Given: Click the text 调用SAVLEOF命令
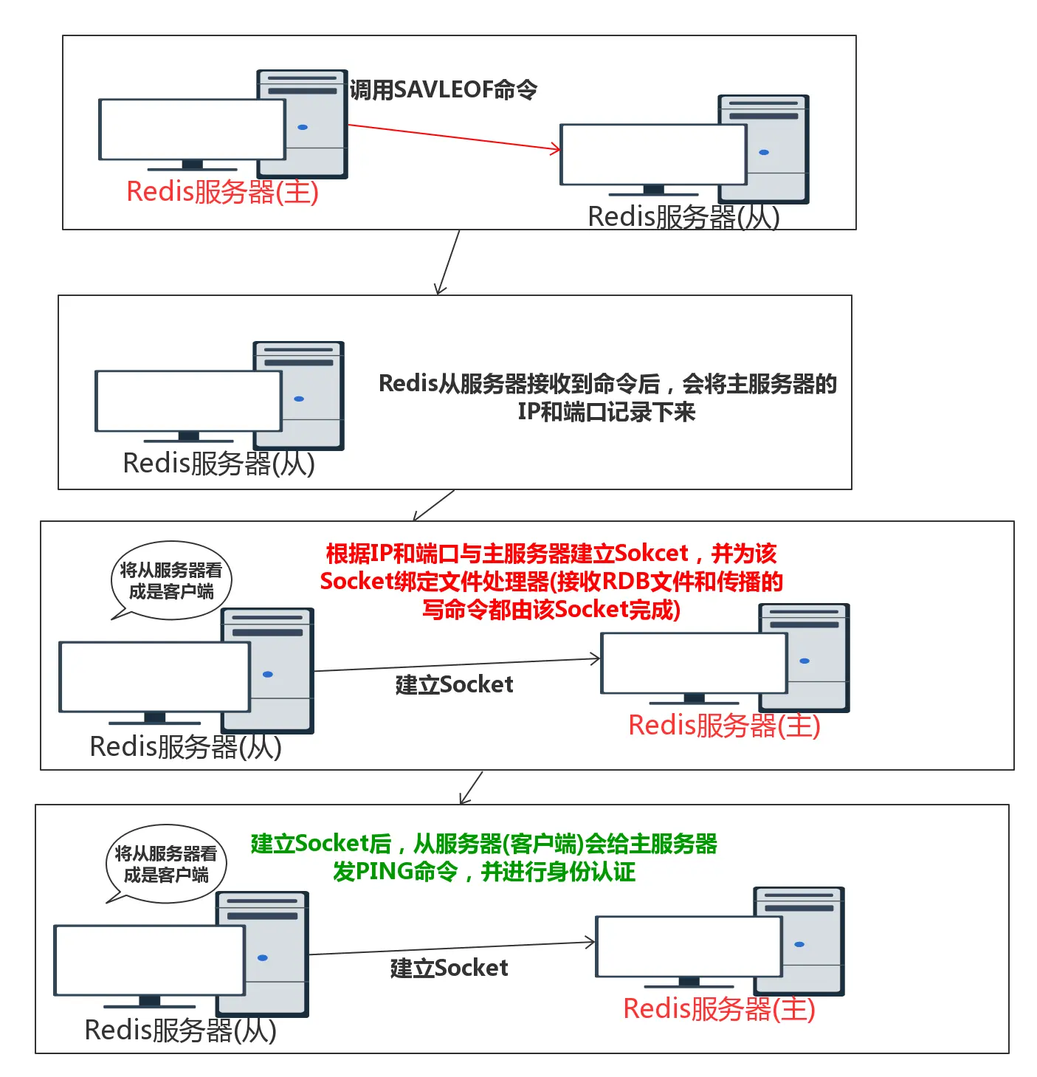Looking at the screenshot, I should [x=443, y=90].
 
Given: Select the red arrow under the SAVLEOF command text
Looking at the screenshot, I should [x=453, y=137].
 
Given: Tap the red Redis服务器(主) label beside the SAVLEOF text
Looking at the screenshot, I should [x=222, y=192].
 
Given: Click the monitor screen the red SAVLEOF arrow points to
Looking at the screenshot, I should [x=653, y=154].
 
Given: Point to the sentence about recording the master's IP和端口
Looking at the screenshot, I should [x=607, y=397].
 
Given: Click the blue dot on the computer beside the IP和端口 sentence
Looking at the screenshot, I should [x=299, y=399].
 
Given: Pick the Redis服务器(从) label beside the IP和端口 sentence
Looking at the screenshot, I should [x=218, y=464].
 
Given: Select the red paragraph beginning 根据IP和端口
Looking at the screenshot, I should [x=551, y=582].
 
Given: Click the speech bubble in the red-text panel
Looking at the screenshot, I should [x=171, y=581].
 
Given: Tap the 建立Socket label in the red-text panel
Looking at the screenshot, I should [x=454, y=685].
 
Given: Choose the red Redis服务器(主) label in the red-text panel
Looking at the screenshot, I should [x=724, y=726].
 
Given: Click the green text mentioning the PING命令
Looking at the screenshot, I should [x=484, y=858].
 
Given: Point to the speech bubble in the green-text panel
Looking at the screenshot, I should [x=166, y=864].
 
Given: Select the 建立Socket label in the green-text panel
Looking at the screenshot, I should [x=449, y=968].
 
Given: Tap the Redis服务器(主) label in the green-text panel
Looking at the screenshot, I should [x=719, y=1009].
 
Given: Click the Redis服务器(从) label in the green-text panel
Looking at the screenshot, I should [x=180, y=1030].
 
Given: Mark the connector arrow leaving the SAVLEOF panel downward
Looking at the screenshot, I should [x=448, y=263].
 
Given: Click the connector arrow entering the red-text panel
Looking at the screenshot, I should [x=434, y=506].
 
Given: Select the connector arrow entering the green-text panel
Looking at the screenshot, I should [x=471, y=788].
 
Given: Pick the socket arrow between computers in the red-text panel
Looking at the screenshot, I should [x=458, y=665].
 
